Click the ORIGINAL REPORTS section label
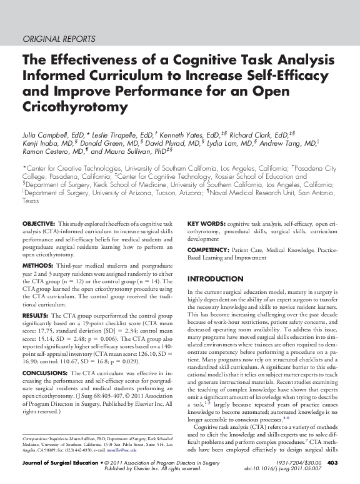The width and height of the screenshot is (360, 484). [59, 39]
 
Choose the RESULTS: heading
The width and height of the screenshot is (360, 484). [35, 316]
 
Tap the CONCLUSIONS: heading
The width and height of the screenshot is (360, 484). [45, 373]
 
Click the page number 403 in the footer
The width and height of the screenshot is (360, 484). [332, 463]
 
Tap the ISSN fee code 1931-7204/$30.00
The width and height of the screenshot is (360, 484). [293, 463]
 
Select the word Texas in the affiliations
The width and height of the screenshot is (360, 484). [31, 202]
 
